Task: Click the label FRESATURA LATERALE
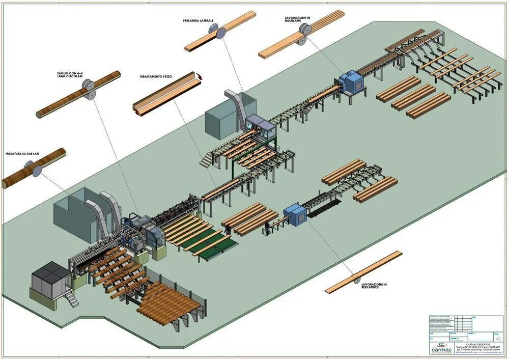tap(198, 21)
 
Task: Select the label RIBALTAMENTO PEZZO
tap(156, 76)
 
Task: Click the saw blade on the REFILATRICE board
tap(356, 278)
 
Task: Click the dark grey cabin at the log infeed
tap(50, 276)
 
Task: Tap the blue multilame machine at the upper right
tap(351, 81)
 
